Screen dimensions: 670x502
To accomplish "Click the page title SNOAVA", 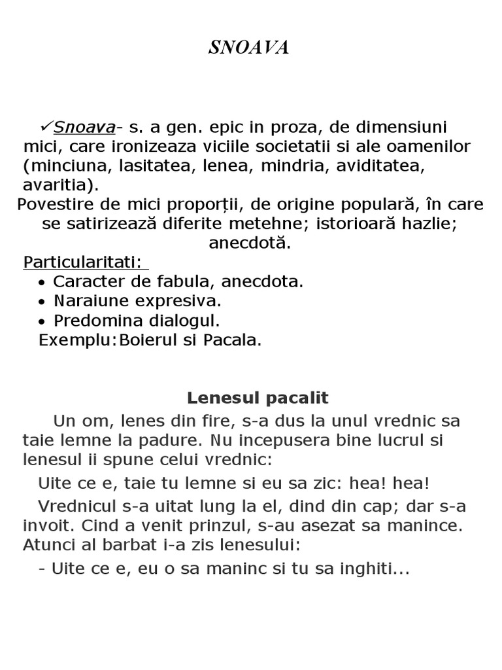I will coord(249,48).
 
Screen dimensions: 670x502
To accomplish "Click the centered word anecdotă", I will coord(249,243).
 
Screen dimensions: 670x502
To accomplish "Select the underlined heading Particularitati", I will coord(82,262).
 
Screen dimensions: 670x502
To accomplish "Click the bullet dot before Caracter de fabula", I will coord(42,283).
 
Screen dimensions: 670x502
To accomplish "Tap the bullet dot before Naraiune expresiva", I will coord(42,302).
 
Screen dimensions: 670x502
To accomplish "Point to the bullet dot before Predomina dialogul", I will coord(42,322).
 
